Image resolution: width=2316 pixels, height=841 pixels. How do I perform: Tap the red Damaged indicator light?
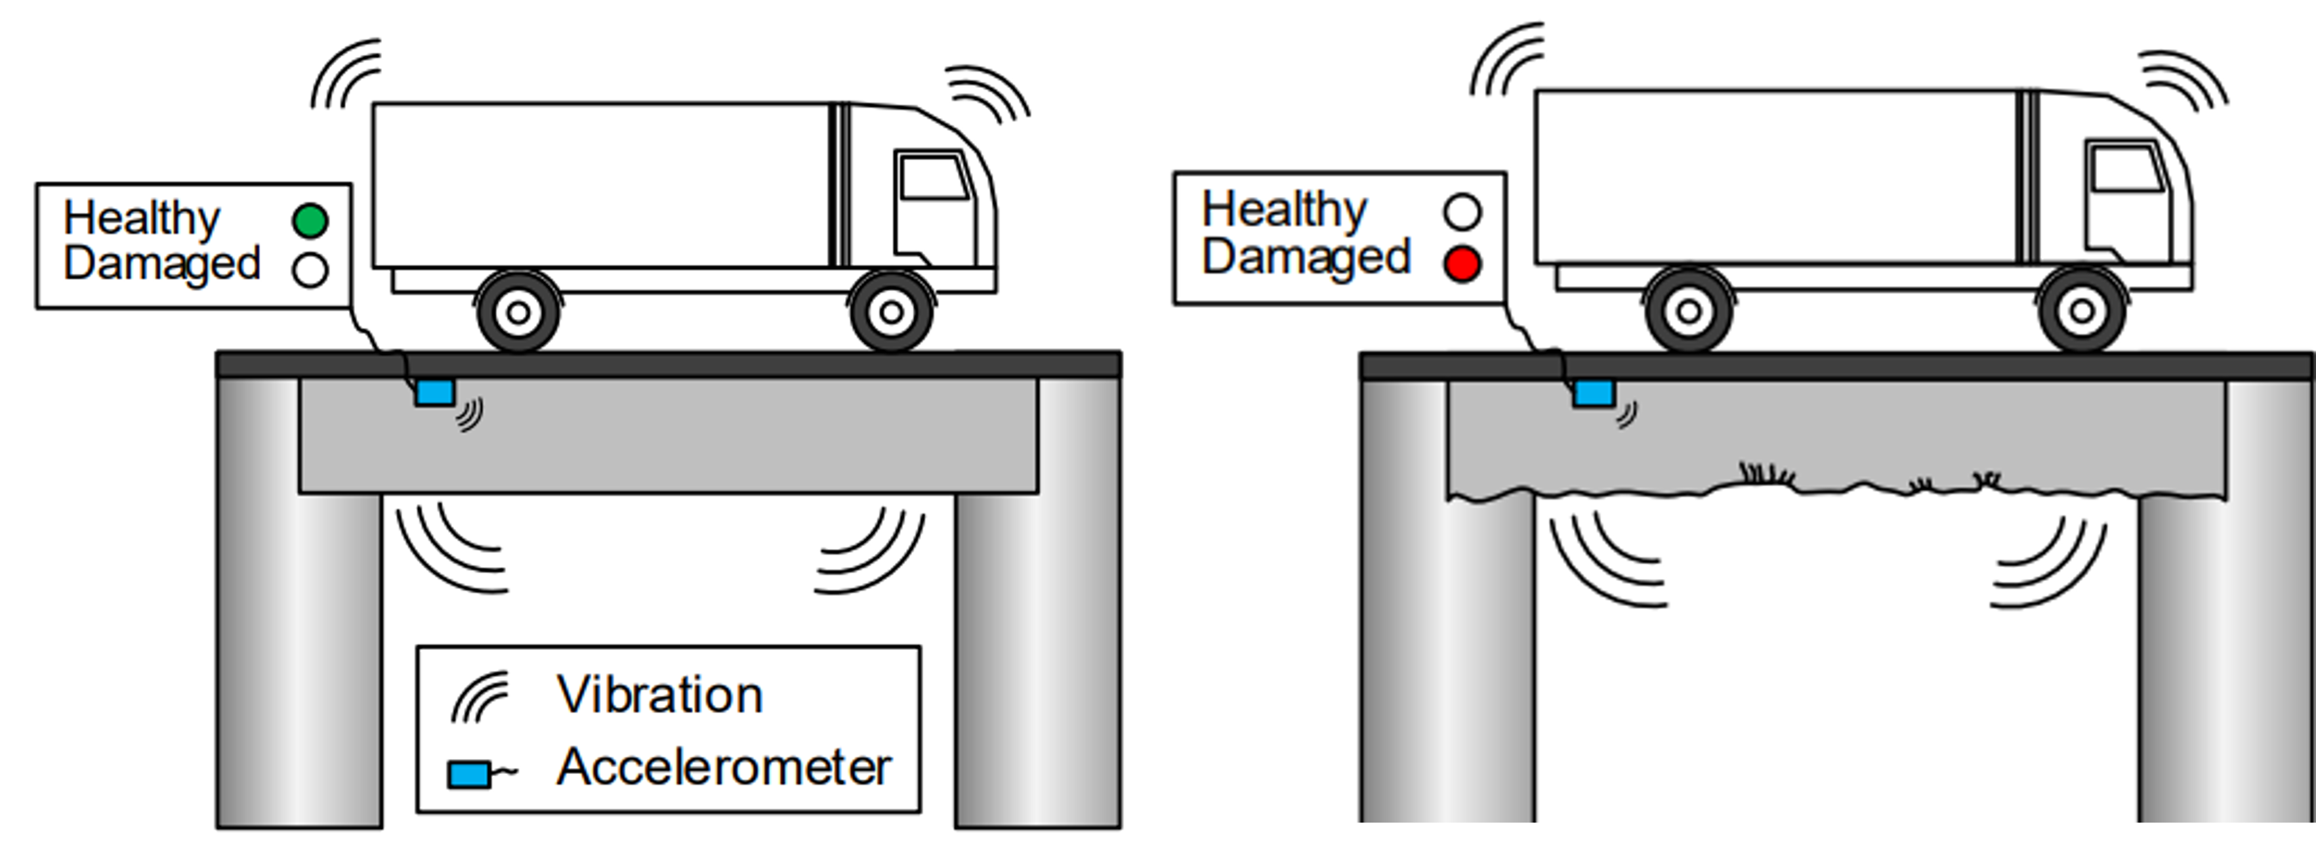pos(1462,263)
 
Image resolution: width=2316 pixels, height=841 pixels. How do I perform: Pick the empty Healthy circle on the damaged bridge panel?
pos(1462,212)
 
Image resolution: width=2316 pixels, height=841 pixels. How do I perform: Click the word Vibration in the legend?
pos(660,695)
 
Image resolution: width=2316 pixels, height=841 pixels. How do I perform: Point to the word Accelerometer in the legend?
pos(724,767)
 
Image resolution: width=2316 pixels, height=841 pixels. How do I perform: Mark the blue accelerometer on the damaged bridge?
pos(1593,394)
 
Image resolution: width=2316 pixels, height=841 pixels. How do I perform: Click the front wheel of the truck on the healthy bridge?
pos(891,312)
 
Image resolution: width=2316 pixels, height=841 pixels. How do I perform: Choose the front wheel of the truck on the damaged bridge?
pos(2081,311)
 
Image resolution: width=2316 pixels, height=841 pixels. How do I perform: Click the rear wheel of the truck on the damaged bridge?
pos(1689,311)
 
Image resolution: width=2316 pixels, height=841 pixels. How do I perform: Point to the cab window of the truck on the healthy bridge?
pos(933,178)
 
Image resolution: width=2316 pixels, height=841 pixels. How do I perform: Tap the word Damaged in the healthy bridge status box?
pos(162,263)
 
